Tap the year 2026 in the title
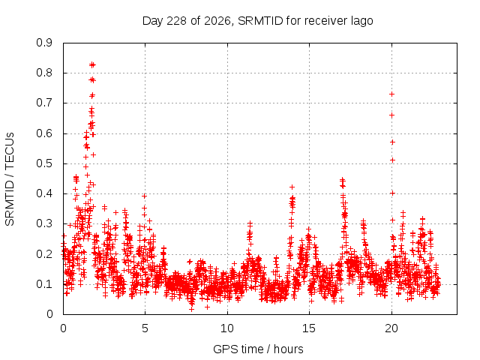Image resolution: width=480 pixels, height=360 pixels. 217,21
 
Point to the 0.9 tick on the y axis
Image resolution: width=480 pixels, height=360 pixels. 44,43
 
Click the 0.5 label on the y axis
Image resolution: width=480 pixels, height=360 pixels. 44,163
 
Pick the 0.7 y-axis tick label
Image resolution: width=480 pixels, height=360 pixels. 44,103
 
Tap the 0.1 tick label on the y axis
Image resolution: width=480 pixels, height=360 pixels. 44,284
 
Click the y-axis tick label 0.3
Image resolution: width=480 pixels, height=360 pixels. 44,223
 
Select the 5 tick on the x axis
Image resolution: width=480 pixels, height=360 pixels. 145,328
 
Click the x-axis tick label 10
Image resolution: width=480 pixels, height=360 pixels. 227,328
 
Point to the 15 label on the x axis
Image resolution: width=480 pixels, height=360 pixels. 309,328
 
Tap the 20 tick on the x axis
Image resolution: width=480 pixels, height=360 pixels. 391,328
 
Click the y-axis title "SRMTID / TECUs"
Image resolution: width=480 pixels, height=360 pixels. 10,179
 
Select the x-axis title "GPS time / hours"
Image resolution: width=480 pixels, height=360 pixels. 258,349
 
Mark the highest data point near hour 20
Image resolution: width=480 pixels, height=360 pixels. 391,94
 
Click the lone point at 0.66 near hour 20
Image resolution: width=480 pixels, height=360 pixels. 391,115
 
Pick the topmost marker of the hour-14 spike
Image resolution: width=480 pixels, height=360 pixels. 292,187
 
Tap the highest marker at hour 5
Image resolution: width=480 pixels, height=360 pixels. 145,196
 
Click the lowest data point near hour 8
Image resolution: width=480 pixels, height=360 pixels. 192,309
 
